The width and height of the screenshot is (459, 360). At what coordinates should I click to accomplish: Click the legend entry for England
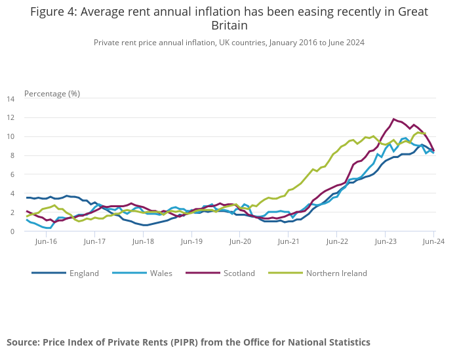pyautogui.click(x=84, y=273)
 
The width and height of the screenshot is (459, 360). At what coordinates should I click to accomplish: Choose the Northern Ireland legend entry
pyautogui.click(x=336, y=273)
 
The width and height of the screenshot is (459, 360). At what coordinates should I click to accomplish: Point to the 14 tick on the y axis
pyautogui.click(x=10, y=99)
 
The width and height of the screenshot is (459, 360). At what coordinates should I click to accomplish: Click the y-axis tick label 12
pyautogui.click(x=10, y=118)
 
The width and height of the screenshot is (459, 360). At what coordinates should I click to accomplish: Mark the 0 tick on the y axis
pyautogui.click(x=12, y=231)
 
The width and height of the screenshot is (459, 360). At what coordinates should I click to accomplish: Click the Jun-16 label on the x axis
pyautogui.click(x=46, y=241)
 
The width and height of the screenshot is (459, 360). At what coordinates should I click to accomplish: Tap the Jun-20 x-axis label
pyautogui.click(x=240, y=241)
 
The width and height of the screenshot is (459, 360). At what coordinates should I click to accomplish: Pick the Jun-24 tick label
pyautogui.click(x=433, y=241)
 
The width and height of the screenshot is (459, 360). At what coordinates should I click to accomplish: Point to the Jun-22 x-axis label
pyautogui.click(x=336, y=241)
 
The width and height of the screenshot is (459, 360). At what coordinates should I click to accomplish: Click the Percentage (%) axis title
pyautogui.click(x=52, y=93)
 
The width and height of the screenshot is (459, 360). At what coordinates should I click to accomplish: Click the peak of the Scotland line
pyautogui.click(x=393, y=119)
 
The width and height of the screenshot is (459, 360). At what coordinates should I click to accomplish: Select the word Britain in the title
pyautogui.click(x=229, y=26)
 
